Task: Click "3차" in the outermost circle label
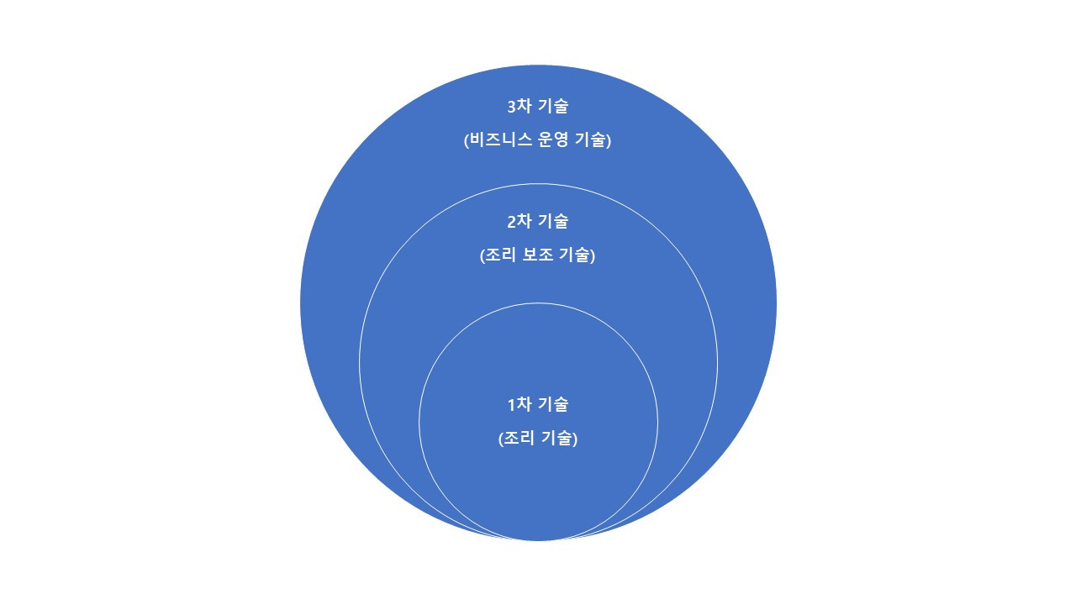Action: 520,107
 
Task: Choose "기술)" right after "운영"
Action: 593,141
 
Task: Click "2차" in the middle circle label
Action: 520,222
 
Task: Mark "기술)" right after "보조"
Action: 578,256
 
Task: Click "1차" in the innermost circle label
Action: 520,405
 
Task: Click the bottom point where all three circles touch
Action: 538,539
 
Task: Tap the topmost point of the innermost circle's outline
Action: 538,303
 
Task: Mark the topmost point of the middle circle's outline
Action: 538,184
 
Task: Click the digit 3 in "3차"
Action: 512,107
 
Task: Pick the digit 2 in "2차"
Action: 512,222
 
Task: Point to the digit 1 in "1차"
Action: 512,405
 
